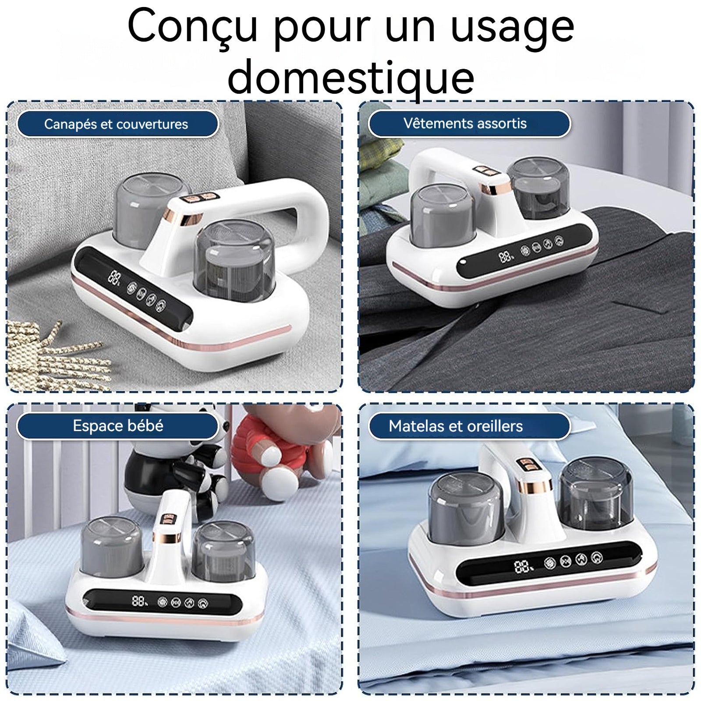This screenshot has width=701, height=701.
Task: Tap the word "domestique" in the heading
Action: coord(350,78)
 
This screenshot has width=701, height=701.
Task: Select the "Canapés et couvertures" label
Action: coord(116,124)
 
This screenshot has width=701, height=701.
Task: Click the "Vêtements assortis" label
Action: coord(465,124)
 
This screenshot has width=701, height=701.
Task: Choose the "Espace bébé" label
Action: coord(118,426)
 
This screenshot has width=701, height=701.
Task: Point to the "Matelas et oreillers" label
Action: coord(456,426)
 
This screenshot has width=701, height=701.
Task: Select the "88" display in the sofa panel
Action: coord(115,277)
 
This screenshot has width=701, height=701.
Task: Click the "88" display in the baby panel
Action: coord(139,601)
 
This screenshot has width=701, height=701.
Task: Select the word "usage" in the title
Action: coord(512,27)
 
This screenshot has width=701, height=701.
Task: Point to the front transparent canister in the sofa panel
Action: coord(234,258)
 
